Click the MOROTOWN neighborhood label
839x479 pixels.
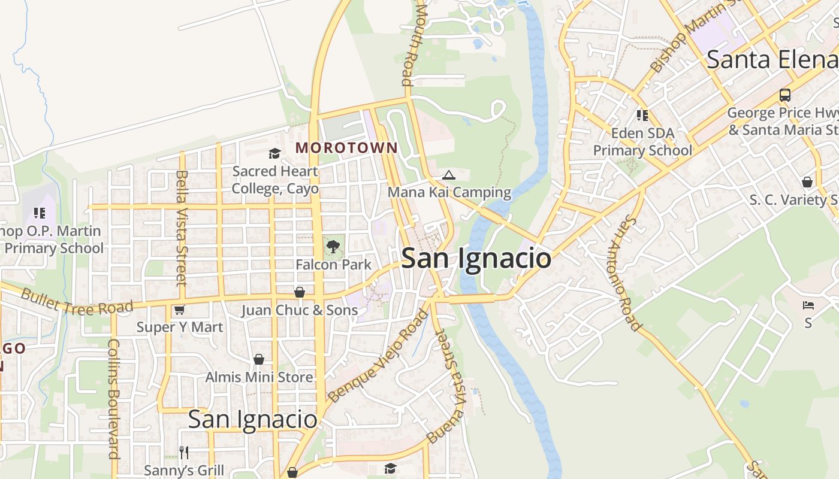click(x=346, y=147)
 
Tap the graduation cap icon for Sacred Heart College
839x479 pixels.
click(x=274, y=154)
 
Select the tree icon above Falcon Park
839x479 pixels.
click(x=333, y=246)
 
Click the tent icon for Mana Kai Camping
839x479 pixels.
click(x=448, y=175)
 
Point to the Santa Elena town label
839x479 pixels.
click(x=772, y=60)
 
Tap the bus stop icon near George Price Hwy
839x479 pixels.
click(x=784, y=95)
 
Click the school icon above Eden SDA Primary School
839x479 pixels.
click(x=642, y=115)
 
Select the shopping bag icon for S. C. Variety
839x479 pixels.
click(x=807, y=182)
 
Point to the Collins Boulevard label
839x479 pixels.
click(x=113, y=399)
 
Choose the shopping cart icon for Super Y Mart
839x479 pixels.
click(x=179, y=310)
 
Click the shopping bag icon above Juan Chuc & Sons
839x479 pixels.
click(x=299, y=292)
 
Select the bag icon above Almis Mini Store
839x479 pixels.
click(x=259, y=359)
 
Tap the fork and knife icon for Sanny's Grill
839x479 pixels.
click(x=184, y=452)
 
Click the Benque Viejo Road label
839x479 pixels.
click(x=378, y=356)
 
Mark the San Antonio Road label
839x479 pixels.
click(x=625, y=273)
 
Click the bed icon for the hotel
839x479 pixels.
click(x=808, y=305)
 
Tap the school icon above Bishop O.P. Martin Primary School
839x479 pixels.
click(x=40, y=213)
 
